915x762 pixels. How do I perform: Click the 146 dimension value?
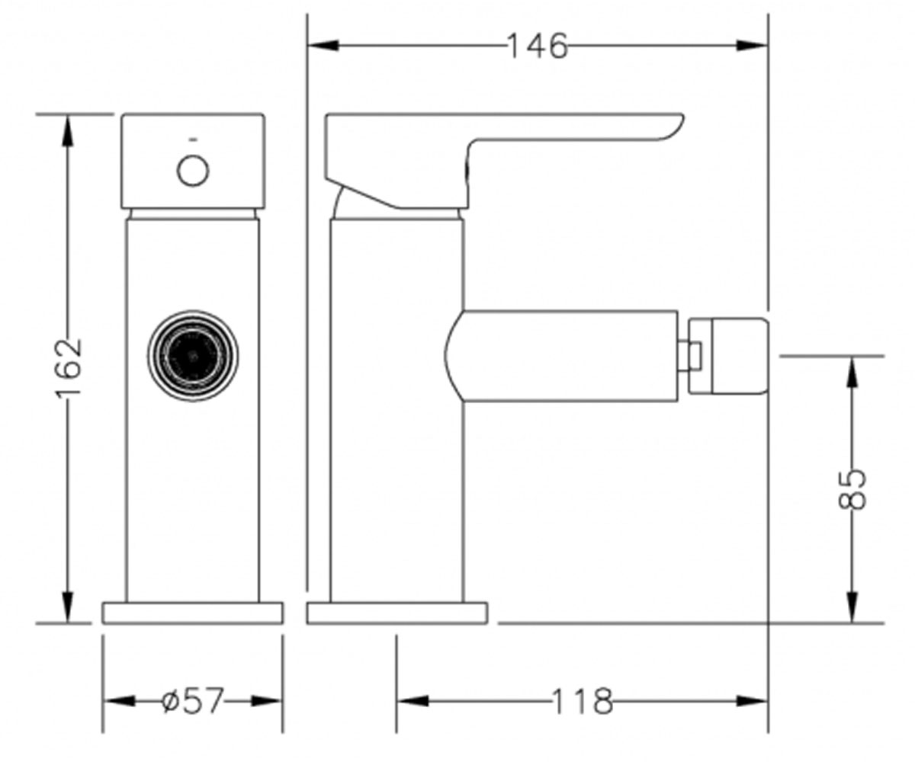(538, 46)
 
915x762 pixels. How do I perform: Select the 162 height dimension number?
(68, 367)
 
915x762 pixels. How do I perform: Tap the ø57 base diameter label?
(193, 700)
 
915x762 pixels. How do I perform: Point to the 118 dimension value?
(582, 701)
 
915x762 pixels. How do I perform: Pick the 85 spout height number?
(852, 490)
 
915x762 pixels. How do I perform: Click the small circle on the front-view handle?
(193, 171)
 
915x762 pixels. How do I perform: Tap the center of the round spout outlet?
(193, 356)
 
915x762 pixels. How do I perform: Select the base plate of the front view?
(192, 613)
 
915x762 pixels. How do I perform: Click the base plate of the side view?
(397, 613)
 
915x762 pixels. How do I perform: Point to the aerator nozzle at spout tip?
(728, 356)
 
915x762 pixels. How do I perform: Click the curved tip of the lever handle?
(673, 126)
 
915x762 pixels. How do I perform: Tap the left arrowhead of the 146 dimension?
(323, 45)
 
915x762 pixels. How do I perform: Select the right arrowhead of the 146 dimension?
(752, 45)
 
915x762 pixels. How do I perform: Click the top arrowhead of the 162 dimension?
(68, 130)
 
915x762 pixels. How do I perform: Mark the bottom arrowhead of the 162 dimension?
(68, 607)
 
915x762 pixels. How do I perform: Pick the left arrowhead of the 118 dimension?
(413, 701)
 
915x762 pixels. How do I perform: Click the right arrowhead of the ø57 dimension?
(266, 701)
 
